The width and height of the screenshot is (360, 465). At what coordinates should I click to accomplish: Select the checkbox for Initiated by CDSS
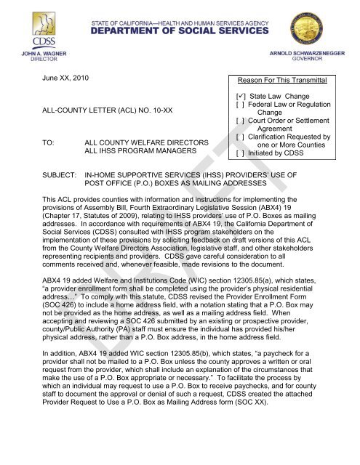click(237, 154)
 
